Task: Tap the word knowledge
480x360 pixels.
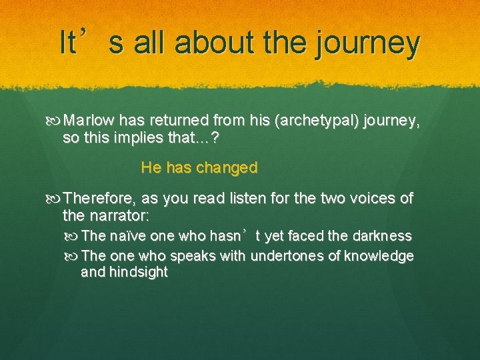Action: coord(380,256)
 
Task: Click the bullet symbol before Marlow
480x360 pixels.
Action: coord(55,121)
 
